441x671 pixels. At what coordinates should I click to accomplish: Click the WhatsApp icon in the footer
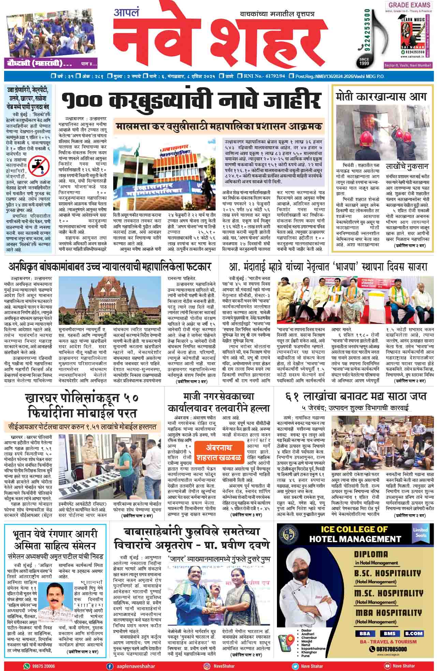point(27,666)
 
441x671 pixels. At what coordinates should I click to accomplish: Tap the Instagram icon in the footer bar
point(207,666)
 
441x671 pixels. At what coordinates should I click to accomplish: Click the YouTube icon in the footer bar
point(387,666)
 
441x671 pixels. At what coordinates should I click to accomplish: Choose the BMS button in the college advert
point(389,634)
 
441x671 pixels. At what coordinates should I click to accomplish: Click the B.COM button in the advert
point(413,634)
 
